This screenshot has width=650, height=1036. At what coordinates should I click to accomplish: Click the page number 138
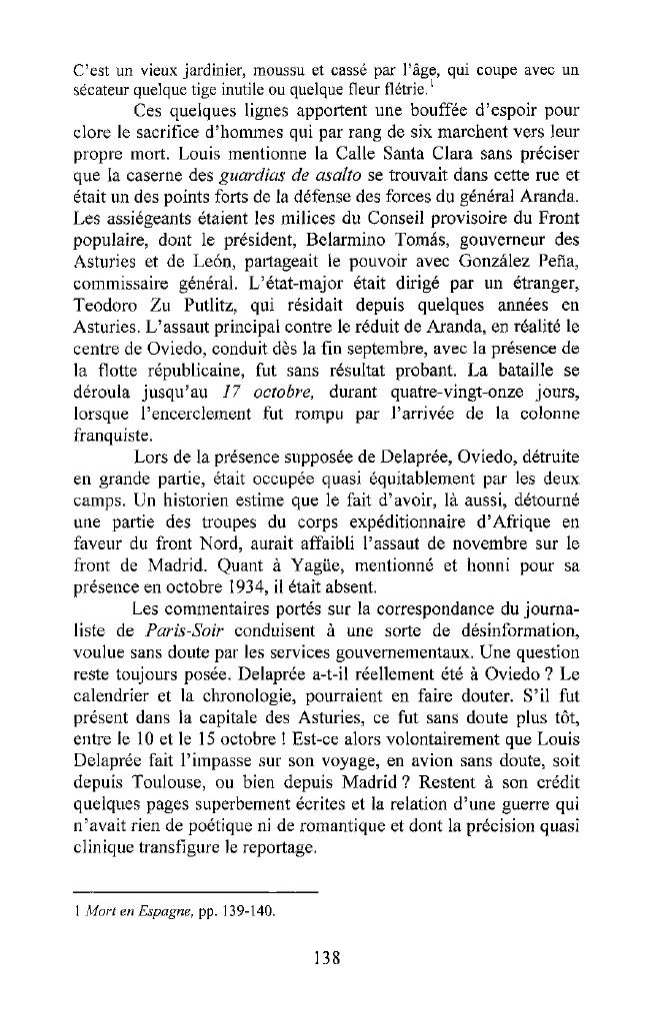(x=325, y=956)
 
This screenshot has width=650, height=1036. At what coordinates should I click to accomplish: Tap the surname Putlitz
(x=222, y=293)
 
